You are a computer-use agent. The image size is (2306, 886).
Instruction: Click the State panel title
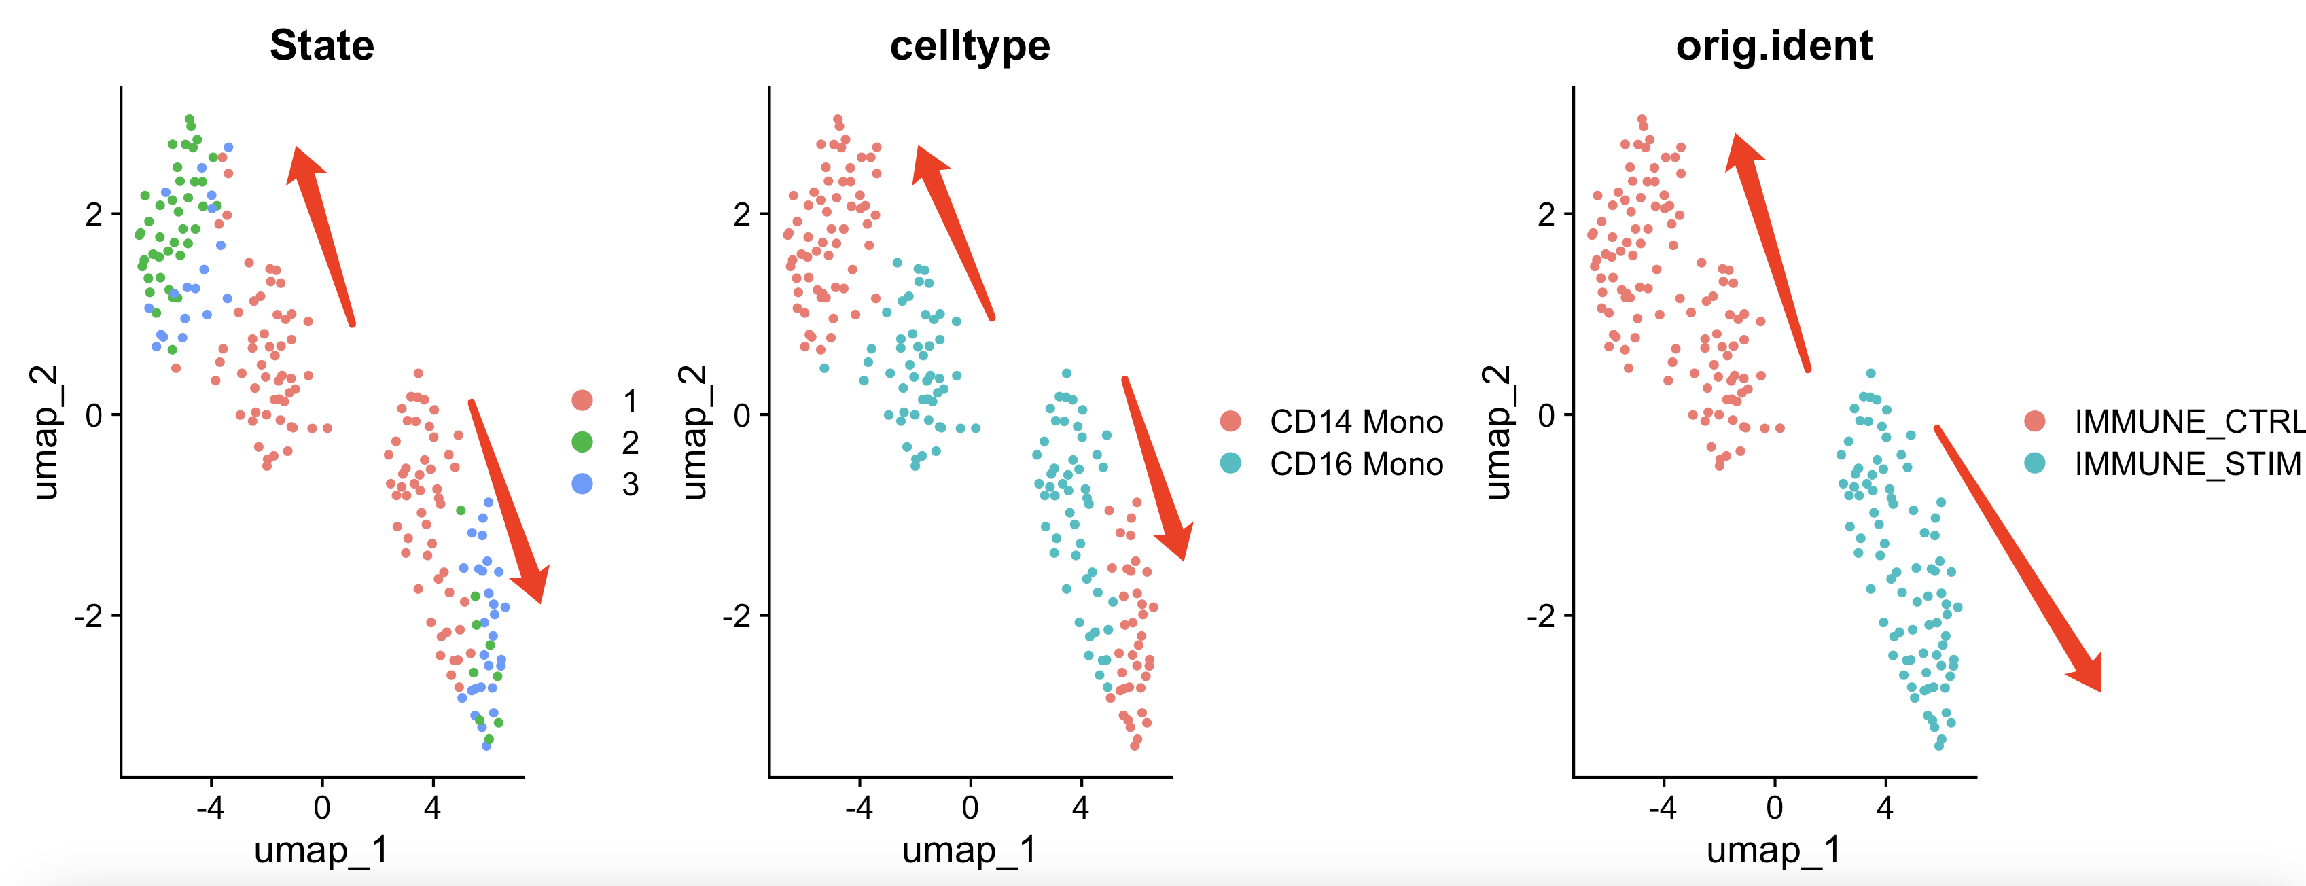321,45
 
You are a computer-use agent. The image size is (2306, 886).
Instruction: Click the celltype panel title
970,45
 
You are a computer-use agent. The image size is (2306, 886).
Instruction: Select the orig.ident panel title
1773,45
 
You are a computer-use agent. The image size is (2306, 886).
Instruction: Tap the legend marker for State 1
582,400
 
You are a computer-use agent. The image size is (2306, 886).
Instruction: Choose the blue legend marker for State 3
582,483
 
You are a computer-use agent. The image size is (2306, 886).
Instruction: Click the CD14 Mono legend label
1356,421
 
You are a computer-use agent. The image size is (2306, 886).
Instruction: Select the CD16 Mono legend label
1356,463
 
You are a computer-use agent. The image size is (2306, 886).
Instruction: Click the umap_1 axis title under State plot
321,849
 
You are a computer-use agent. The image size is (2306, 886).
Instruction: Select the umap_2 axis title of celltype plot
694,431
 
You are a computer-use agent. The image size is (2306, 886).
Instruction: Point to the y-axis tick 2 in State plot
94,214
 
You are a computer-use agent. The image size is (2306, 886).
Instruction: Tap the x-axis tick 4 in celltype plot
1080,808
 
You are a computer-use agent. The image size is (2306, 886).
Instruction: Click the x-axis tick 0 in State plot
321,808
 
